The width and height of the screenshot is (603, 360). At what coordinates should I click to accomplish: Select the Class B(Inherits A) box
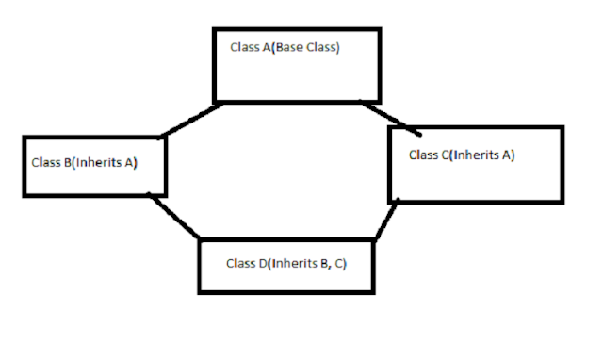pos(93,165)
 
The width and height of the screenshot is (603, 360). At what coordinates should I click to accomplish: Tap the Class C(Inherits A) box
pos(476,165)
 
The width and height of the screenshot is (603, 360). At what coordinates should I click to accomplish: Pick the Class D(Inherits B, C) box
pos(286,265)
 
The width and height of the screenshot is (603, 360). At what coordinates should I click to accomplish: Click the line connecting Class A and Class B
pos(192,119)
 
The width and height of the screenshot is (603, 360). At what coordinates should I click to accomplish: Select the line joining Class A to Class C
pos(391,114)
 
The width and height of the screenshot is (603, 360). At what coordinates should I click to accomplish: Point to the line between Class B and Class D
pos(173,216)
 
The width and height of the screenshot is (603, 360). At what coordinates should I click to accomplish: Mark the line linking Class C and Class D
pos(384,221)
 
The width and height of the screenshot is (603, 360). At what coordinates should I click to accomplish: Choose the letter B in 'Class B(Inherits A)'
pos(66,162)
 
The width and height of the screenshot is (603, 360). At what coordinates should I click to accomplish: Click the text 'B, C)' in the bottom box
pos(332,263)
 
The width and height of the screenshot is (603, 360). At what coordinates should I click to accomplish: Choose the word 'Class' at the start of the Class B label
pos(46,162)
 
